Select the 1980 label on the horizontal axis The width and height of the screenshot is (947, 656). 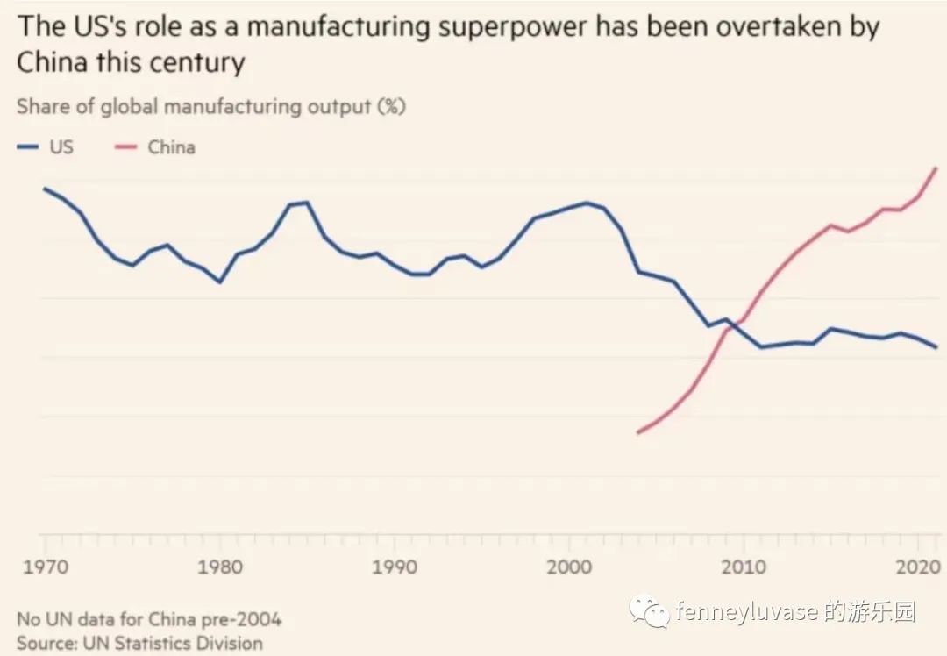(220, 567)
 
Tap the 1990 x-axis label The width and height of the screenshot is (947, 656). (395, 567)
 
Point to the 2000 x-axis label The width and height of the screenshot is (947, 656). (570, 567)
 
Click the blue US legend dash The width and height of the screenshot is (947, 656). (27, 147)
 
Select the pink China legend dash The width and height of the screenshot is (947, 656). (126, 147)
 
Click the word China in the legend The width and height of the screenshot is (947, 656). (171, 147)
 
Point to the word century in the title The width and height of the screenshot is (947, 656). (193, 64)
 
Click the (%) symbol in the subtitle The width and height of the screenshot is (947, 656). (391, 107)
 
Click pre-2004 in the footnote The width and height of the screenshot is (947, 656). (239, 619)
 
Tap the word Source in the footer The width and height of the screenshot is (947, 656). (45, 643)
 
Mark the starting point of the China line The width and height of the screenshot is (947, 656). (638, 432)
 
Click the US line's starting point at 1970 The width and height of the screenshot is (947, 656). (44, 189)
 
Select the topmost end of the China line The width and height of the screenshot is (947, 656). (937, 168)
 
